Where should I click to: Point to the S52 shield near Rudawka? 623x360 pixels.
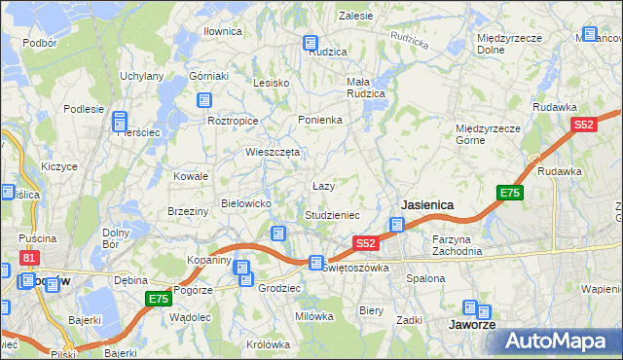click(583, 125)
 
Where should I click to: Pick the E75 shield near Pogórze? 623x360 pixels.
click(160, 299)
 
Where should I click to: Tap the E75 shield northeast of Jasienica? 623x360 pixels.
click(510, 193)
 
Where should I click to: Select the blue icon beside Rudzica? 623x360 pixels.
click(311, 44)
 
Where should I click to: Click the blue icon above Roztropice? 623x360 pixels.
click(204, 99)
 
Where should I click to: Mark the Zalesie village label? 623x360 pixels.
click(356, 16)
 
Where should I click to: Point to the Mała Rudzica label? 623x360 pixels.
click(366, 88)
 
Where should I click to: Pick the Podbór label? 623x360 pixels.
click(40, 43)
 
